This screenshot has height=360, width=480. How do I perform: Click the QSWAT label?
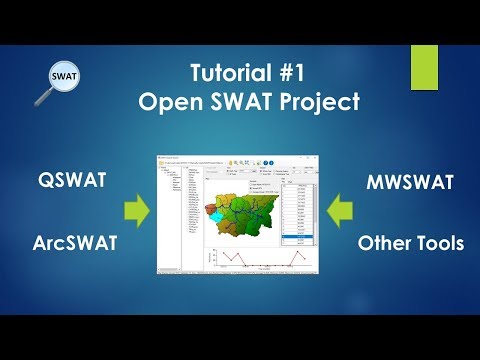tap(72, 181)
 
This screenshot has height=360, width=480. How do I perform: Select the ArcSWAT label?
tap(73, 243)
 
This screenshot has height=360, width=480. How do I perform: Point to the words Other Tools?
tap(411, 243)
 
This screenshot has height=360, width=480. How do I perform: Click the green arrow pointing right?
tap(135, 211)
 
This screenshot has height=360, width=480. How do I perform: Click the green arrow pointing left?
tap(340, 211)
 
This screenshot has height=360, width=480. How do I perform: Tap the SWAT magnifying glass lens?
tap(64, 76)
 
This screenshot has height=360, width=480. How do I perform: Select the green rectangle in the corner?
tap(424, 67)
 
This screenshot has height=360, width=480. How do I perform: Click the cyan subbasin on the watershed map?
tap(216, 213)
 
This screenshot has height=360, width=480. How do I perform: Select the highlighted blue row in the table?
tap(297, 237)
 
